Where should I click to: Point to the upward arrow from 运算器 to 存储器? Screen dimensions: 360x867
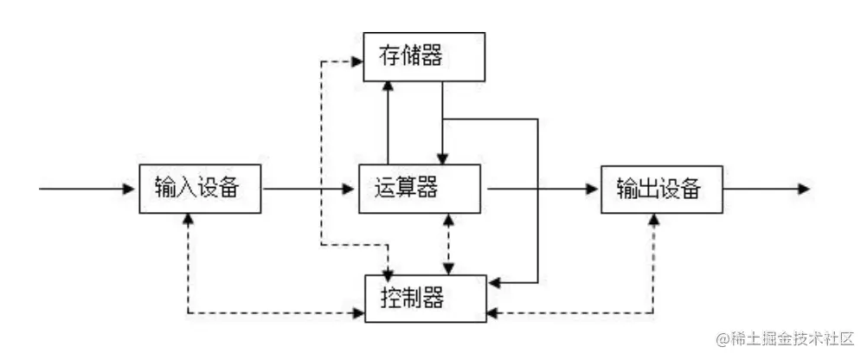pyautogui.click(x=389, y=121)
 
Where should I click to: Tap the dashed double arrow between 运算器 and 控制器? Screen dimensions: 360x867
pyautogui.click(x=446, y=243)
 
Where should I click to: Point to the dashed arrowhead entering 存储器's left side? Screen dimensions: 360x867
pyautogui.click(x=356, y=61)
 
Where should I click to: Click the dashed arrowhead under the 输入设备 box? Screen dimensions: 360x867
pyautogui.click(x=188, y=218)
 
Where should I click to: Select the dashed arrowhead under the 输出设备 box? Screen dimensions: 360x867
pyautogui.click(x=653, y=218)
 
